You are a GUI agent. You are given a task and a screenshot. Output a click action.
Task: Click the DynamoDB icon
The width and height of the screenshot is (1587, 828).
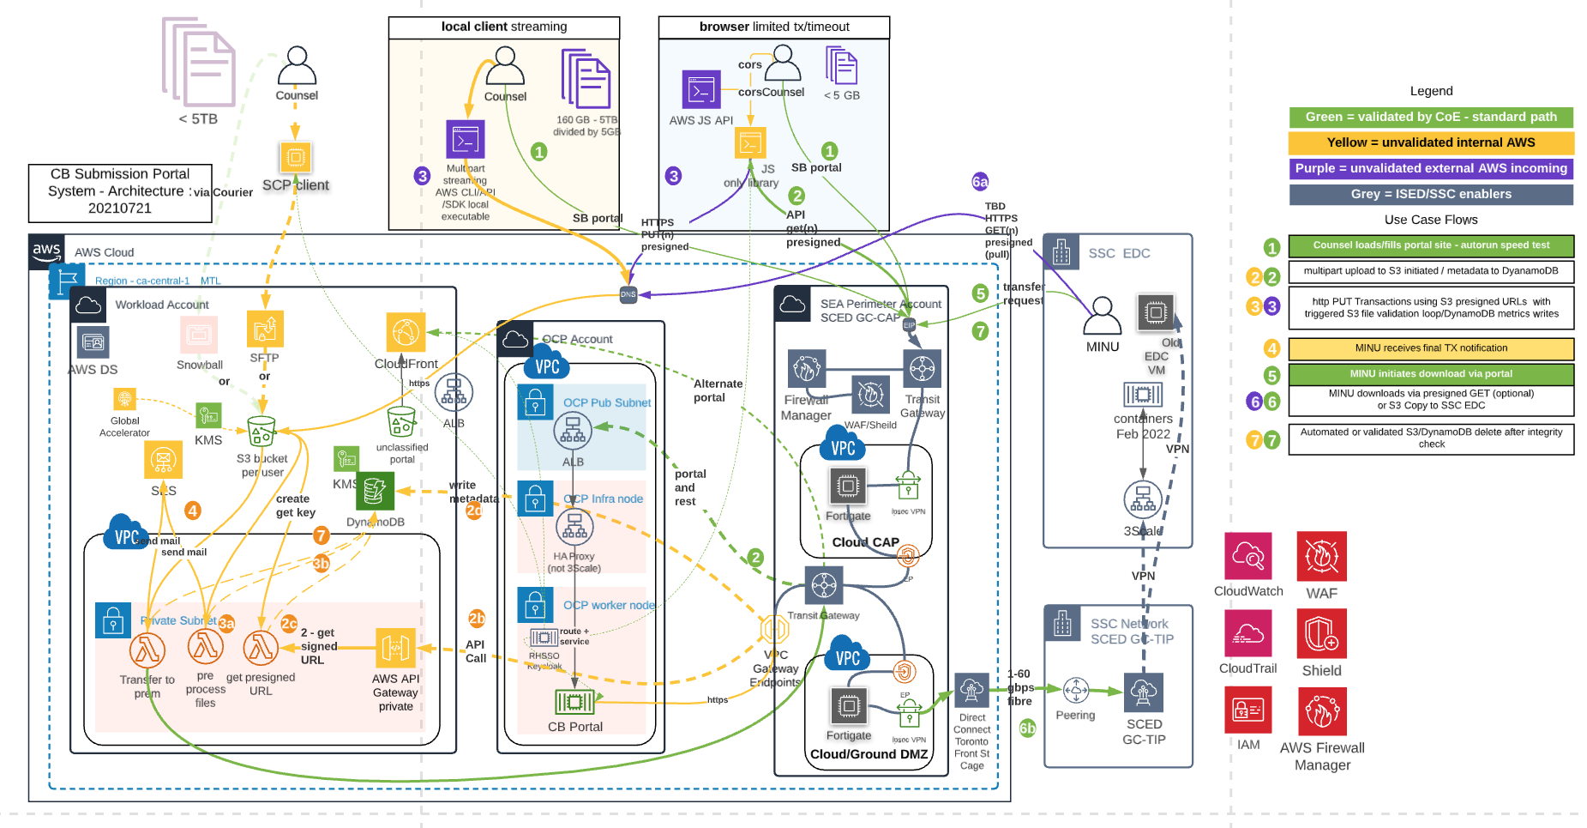point(375,491)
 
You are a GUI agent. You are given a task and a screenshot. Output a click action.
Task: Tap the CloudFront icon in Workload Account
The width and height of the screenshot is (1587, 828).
point(406,332)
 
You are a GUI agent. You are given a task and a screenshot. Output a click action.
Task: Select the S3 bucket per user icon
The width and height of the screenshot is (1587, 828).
point(261,431)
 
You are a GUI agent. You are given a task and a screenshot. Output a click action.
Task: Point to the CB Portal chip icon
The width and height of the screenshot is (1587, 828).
point(574,703)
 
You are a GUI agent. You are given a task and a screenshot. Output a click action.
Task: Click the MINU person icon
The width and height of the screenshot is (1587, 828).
point(1102,316)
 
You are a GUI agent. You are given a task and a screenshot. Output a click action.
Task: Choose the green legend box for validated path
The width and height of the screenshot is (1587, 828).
point(1431,117)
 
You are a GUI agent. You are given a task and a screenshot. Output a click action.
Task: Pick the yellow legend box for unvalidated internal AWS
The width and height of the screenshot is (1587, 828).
point(1431,142)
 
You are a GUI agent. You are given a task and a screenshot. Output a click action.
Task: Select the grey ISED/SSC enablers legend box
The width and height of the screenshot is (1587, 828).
point(1431,194)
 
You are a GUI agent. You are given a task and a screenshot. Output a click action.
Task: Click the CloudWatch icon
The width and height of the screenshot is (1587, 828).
point(1247,556)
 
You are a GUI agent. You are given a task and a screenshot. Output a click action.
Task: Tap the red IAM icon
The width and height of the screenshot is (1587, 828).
point(1247,710)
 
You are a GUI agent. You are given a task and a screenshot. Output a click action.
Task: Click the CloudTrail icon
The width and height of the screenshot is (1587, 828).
point(1247,633)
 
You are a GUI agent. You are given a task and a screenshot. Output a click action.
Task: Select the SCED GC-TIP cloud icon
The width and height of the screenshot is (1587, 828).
point(1144,692)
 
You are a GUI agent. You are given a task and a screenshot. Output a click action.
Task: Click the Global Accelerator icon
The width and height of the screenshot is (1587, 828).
point(125,399)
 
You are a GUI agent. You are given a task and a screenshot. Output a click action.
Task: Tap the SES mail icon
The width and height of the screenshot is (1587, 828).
point(163,461)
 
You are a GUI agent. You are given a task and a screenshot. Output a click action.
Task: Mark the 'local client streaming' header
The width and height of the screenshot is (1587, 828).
point(504,27)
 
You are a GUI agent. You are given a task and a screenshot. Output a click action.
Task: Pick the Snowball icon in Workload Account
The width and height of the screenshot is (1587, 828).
point(199,335)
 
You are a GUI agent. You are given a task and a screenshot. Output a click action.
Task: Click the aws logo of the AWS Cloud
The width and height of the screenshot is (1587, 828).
point(46,251)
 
